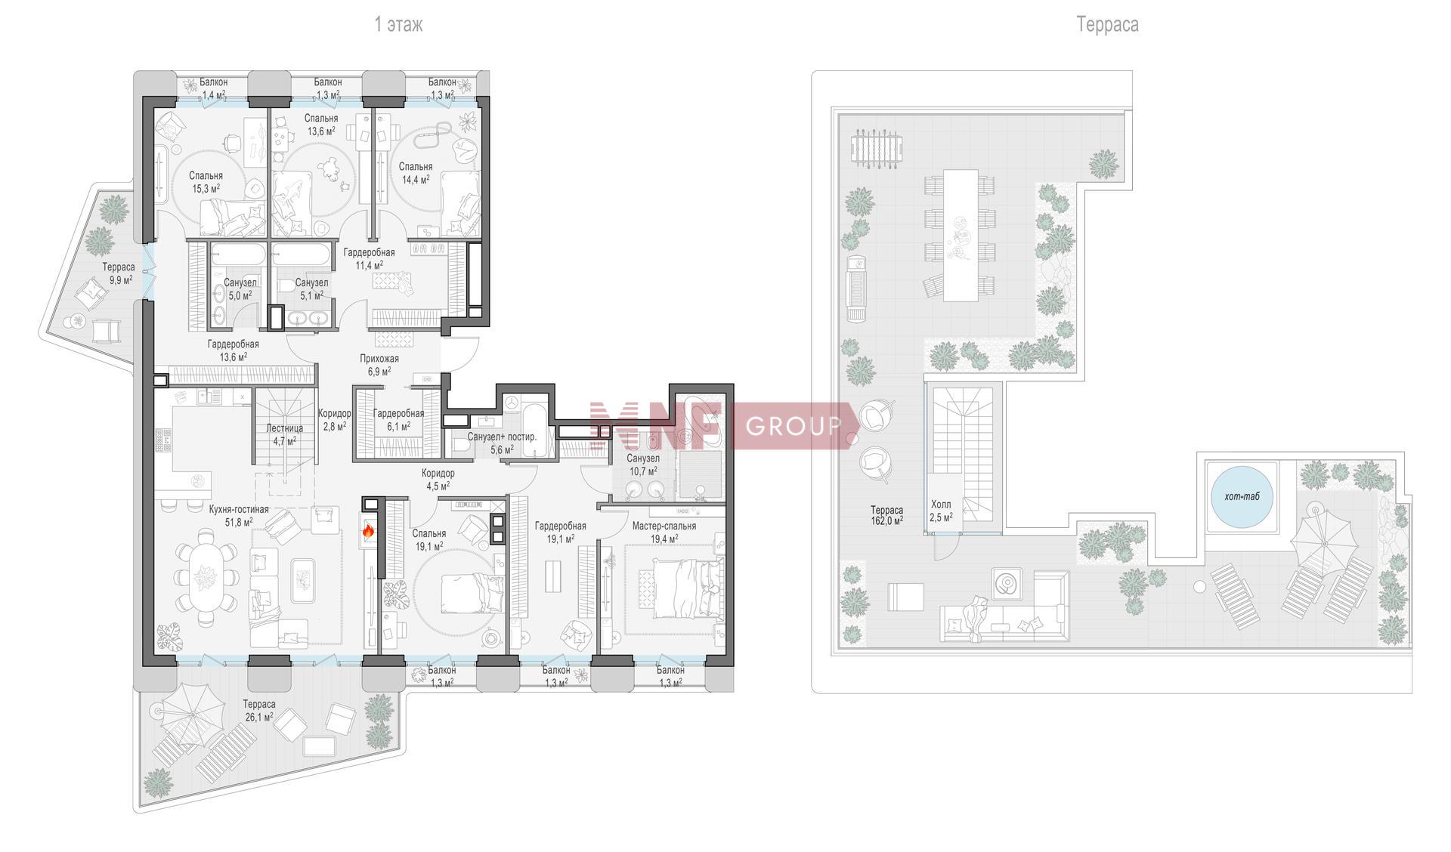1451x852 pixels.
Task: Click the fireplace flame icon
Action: (369, 531)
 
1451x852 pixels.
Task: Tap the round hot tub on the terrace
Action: (1242, 496)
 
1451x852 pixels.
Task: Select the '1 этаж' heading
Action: (399, 25)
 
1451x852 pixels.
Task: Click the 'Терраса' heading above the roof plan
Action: (1107, 25)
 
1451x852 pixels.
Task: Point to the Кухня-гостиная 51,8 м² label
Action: (239, 515)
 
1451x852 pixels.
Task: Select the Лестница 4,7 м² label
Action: (284, 434)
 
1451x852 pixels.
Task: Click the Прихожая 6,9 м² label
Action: (379, 365)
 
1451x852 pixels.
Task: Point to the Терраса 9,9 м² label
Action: (119, 273)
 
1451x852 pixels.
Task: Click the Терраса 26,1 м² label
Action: (259, 710)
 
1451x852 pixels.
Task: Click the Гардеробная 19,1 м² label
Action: (560, 532)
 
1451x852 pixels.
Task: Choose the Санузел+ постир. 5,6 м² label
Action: (502, 443)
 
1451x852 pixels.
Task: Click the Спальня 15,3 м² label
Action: (206, 182)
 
